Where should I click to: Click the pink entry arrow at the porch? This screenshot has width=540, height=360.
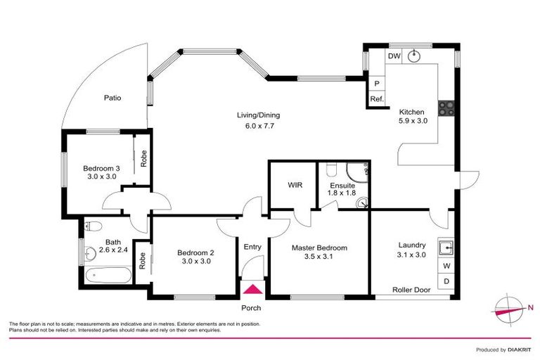252,289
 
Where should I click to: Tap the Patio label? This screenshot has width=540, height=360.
112,98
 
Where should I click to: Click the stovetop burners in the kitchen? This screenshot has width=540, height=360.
446,108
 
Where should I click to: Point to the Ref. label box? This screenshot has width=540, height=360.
377,99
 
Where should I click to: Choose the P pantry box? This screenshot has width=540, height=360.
377,83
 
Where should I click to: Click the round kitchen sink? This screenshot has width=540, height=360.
416,56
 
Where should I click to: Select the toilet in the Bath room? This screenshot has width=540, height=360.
93,226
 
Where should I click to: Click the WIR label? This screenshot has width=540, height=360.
295,186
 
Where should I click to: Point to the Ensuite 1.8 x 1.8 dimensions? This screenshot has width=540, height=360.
342,195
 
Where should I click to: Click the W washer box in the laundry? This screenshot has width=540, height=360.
446,266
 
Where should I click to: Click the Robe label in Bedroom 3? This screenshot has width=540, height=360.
143,160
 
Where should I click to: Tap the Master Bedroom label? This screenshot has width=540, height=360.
319,248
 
